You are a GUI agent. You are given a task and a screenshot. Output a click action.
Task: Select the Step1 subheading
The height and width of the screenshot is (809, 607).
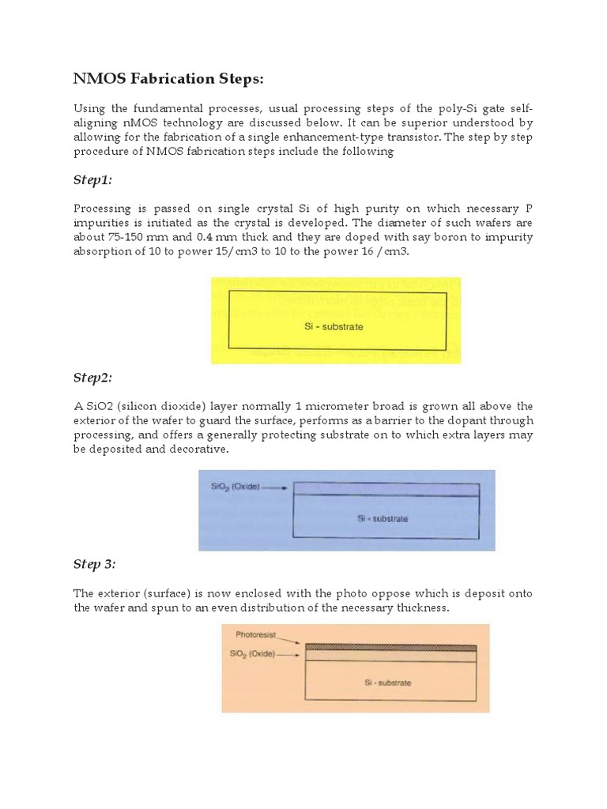click(92, 180)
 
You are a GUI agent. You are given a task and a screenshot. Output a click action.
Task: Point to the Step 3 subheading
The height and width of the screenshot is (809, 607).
click(94, 564)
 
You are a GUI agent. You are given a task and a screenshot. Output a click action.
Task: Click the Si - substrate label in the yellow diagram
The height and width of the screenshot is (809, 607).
click(334, 326)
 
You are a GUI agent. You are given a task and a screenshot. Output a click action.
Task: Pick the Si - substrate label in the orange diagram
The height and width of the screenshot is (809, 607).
click(387, 682)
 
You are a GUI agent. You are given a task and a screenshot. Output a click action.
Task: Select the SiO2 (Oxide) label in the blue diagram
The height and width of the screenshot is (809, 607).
click(235, 488)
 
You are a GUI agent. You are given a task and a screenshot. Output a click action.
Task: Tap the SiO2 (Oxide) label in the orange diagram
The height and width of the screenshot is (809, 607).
click(252, 654)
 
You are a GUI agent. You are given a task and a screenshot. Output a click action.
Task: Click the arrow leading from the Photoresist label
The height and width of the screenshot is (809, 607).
click(291, 640)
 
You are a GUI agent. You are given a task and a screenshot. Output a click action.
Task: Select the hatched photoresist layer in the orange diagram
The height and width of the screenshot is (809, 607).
click(390, 648)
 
